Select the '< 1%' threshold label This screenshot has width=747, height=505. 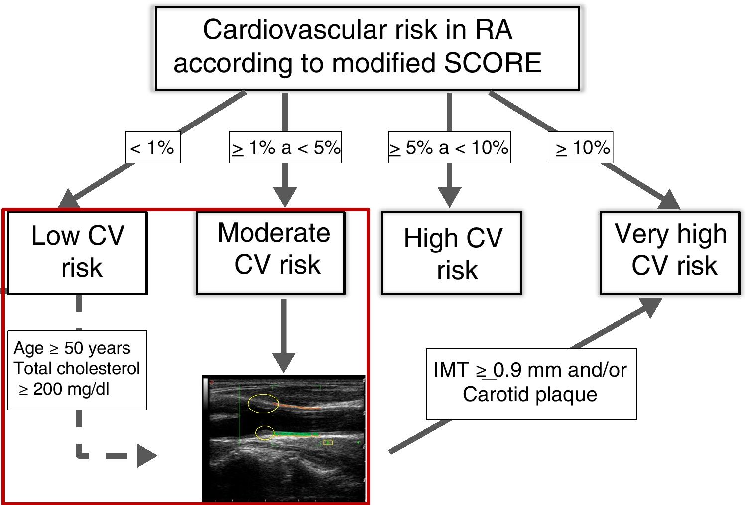click(152, 147)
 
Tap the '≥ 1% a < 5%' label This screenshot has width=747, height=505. click(285, 147)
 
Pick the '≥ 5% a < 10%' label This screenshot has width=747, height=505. click(449, 147)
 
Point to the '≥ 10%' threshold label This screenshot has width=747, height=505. click(581, 147)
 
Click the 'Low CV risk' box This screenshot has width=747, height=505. click(78, 253)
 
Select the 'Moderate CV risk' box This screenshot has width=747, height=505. click(271, 253)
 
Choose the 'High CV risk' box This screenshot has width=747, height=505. click(452, 253)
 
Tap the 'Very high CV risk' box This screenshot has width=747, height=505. click(670, 253)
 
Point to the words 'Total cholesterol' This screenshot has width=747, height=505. click(77, 368)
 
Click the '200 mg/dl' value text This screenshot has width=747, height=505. click(71, 389)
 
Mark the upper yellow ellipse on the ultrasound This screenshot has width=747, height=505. click(263, 403)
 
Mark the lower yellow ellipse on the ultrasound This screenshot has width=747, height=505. click(265, 433)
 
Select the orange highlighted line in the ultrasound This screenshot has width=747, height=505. click(299, 407)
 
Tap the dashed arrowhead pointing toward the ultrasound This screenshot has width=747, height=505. click(146, 455)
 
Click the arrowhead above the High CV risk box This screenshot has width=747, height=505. click(449, 196)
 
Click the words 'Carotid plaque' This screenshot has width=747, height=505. click(530, 394)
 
